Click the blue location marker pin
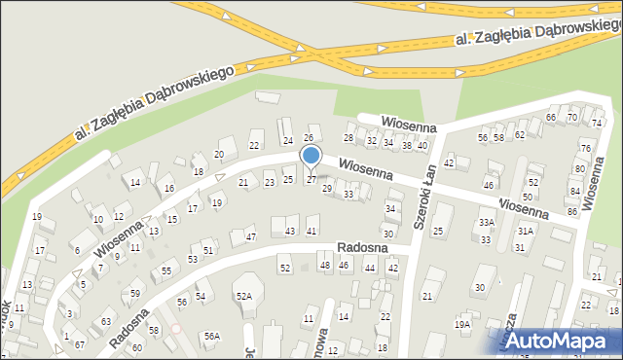pyautogui.click(x=311, y=156)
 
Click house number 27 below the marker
pyautogui.click(x=311, y=179)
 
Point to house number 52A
pyautogui.click(x=244, y=296)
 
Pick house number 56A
pyautogui.click(x=211, y=336)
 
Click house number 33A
pyautogui.click(x=486, y=223)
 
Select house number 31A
pyautogui.click(x=526, y=231)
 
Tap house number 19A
pyautogui.click(x=462, y=324)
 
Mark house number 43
pyautogui.click(x=290, y=231)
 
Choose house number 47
pyautogui.click(x=250, y=237)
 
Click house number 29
pyautogui.click(x=327, y=188)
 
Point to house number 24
pyautogui.click(x=287, y=140)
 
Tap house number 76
pyautogui.click(x=585, y=148)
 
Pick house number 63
pyautogui.click(x=106, y=321)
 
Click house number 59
pyautogui.click(x=135, y=293)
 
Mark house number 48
pyautogui.click(x=325, y=266)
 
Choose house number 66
pyautogui.click(x=551, y=118)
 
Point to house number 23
pyautogui.click(x=270, y=183)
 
